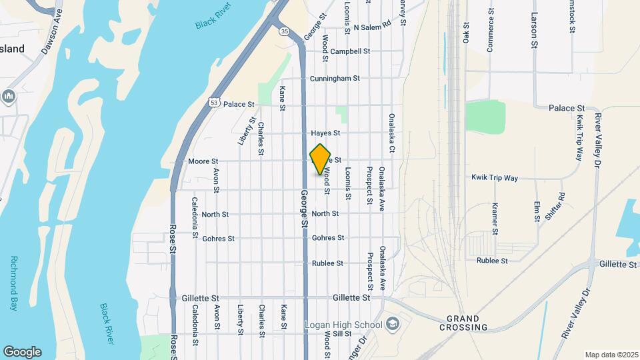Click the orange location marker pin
click(321, 159)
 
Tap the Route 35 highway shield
click(285, 31)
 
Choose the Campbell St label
click(349, 51)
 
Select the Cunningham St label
click(335, 78)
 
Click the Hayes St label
click(325, 133)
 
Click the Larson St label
click(535, 30)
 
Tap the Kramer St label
click(495, 219)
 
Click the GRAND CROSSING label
click(463, 323)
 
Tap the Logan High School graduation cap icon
click(393, 324)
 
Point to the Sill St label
click(342, 333)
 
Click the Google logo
click(22, 351)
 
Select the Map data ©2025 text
click(610, 355)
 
